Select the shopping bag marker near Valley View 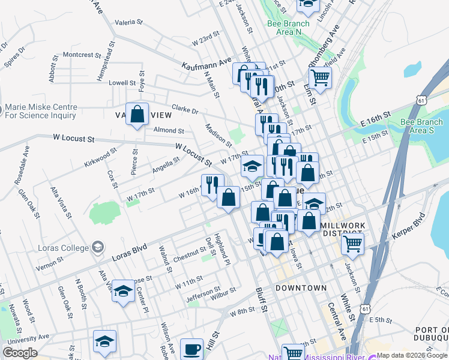pyautogui.click(x=137, y=113)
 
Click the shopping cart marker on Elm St pyautogui.click(x=320, y=77)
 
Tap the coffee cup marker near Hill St pyautogui.click(x=192, y=349)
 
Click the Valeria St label pyautogui.click(x=128, y=22)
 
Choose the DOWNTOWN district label pyautogui.click(x=301, y=289)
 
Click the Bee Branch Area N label pyautogui.click(x=288, y=28)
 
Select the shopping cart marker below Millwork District pyautogui.click(x=352, y=243)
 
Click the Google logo pyautogui.click(x=20, y=353)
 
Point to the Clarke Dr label pyautogui.click(x=185, y=110)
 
